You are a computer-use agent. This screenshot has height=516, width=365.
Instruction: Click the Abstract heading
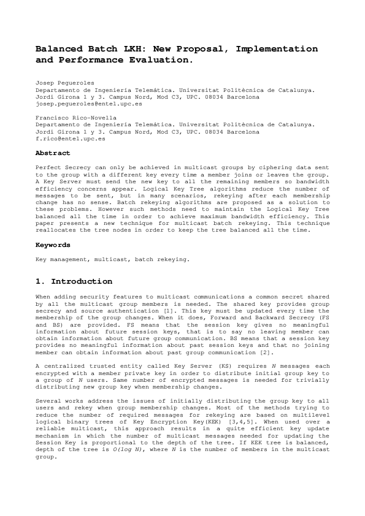click(53, 153)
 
